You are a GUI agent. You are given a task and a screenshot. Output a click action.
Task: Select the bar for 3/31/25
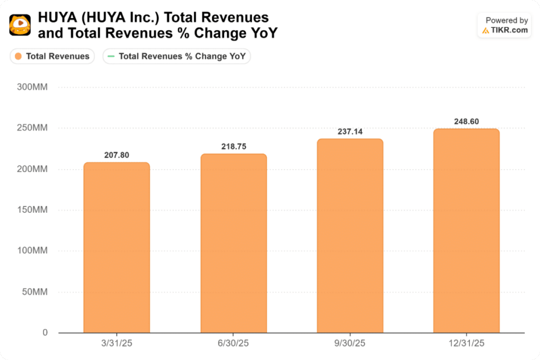(117, 248)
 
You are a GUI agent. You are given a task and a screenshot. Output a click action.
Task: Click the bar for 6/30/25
(234, 244)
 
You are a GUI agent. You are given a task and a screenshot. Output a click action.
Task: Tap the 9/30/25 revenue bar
(350, 236)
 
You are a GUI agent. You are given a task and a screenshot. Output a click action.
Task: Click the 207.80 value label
(117, 155)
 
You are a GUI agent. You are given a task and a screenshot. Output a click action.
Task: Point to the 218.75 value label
(234, 147)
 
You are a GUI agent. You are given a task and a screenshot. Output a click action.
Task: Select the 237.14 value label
(350, 132)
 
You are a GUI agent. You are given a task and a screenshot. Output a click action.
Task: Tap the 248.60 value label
(466, 122)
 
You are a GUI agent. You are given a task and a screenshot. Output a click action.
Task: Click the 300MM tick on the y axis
(32, 87)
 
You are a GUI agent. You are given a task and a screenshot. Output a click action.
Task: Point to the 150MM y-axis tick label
(32, 210)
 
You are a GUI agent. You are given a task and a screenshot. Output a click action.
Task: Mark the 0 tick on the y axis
(45, 333)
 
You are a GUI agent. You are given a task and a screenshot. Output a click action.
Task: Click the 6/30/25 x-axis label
(234, 343)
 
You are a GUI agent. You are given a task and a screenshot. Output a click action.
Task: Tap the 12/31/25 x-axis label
(466, 343)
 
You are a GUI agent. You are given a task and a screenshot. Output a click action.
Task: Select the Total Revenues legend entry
(52, 56)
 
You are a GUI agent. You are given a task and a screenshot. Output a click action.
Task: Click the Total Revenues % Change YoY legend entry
(177, 56)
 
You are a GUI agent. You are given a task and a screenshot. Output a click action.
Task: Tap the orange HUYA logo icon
(20, 25)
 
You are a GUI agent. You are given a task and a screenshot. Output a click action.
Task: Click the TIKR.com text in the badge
(509, 30)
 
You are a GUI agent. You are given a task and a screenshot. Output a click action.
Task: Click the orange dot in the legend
(18, 56)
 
